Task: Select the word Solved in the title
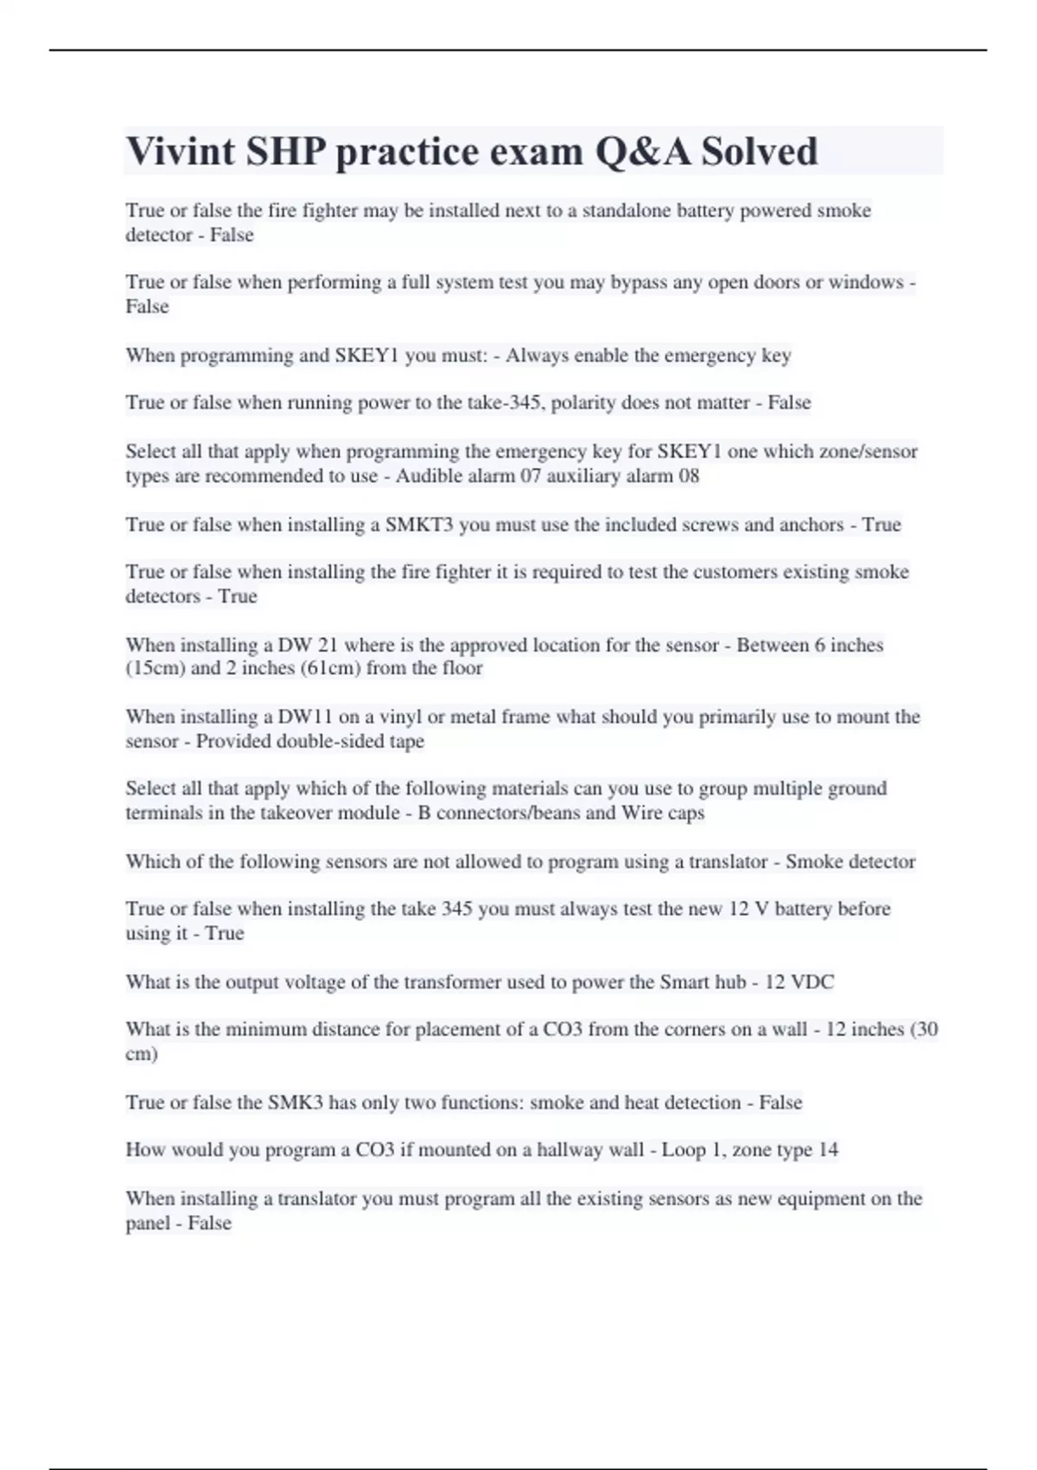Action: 759,151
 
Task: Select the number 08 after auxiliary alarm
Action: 689,476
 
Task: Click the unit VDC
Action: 812,982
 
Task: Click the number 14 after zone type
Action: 828,1150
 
